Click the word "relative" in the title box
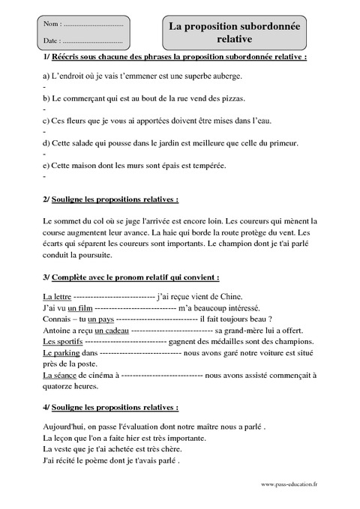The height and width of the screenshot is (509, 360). click(x=235, y=38)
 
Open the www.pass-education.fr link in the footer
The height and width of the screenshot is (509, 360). click(x=289, y=484)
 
